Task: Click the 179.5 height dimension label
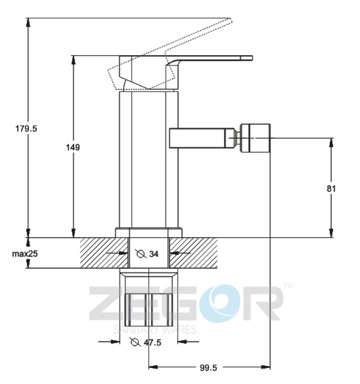pyautogui.click(x=26, y=129)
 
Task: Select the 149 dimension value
pyautogui.click(x=73, y=147)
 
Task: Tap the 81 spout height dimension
pyautogui.click(x=331, y=189)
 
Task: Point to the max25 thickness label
pyautogui.click(x=25, y=254)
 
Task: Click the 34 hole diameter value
pyautogui.click(x=154, y=254)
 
